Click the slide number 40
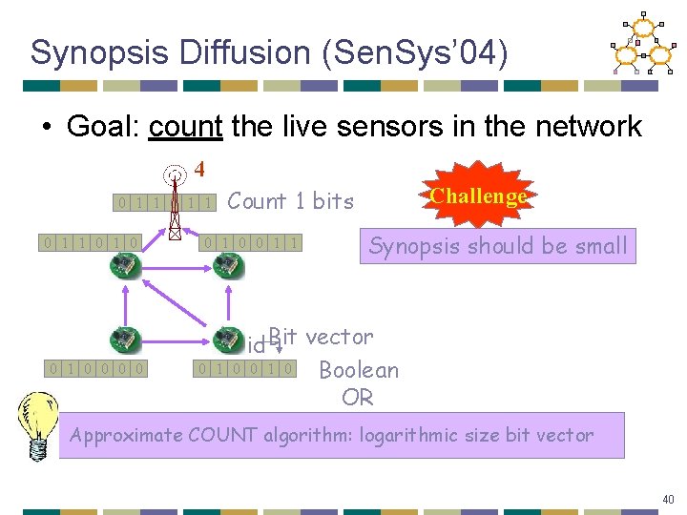pos(668,499)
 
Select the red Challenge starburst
pos(478,196)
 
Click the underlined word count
pos(185,126)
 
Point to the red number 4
pos(199,170)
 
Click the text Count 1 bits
pos(290,201)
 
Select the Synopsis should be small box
pos(498,246)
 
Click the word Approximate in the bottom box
pos(126,436)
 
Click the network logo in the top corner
pos(641,45)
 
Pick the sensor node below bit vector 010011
pos(228,265)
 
